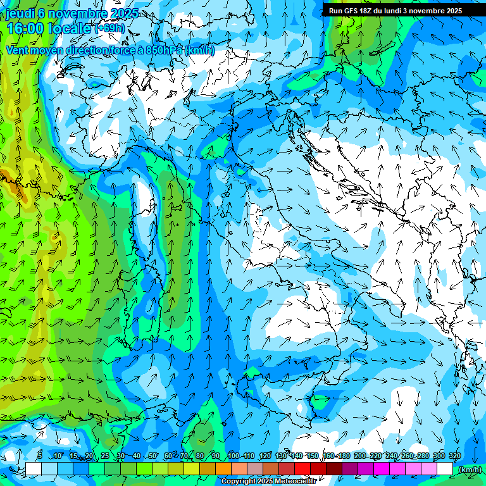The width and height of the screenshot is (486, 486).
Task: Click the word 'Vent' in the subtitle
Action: pyautogui.click(x=18, y=50)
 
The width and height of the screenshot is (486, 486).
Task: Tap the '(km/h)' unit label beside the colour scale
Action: pyautogui.click(x=469, y=470)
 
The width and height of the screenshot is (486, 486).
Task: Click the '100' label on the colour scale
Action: pyautogui.click(x=234, y=456)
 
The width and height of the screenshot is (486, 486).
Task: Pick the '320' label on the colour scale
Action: pyautogui.click(x=454, y=456)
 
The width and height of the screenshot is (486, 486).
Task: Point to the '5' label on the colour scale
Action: pyautogui.click(x=40, y=456)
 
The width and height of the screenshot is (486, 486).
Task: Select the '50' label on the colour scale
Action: pyautogui.click(x=153, y=456)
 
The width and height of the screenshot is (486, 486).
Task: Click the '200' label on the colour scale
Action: pyautogui.click(x=359, y=456)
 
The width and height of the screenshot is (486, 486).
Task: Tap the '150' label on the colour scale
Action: pyautogui.click(x=313, y=456)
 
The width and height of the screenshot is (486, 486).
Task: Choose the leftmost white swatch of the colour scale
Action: pyautogui.click(x=34, y=469)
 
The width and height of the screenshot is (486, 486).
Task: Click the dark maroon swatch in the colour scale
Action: pyautogui.click(x=333, y=469)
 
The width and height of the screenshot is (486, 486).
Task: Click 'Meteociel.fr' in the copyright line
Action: pyautogui.click(x=294, y=482)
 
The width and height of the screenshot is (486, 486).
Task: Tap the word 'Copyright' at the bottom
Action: pyautogui.click(x=239, y=482)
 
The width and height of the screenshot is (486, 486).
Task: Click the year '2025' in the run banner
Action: pyautogui.click(x=452, y=11)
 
